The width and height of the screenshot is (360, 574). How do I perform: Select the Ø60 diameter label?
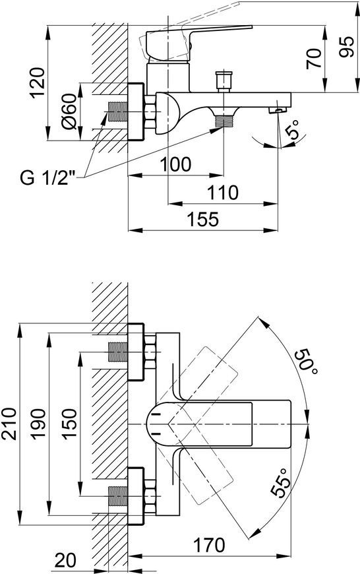click(x=69, y=112)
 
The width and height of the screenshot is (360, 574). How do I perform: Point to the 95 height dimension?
click(x=346, y=47)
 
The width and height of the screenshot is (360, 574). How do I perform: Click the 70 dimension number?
click(x=314, y=59)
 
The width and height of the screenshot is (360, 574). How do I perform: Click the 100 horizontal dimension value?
click(x=175, y=164)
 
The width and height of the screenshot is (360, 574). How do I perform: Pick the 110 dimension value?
click(x=222, y=192)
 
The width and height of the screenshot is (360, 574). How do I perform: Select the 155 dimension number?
click(x=202, y=219)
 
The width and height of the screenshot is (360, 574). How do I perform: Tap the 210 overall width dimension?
click(x=9, y=424)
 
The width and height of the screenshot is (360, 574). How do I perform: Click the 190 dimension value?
click(x=38, y=424)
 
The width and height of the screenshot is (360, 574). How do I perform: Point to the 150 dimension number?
click(x=69, y=424)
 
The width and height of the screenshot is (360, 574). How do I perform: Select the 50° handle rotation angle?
click(x=306, y=362)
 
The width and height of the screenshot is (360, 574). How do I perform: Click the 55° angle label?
click(x=281, y=482)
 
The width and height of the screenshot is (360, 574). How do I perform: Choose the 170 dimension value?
click(x=209, y=545)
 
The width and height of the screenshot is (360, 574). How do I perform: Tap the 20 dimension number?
click(x=65, y=560)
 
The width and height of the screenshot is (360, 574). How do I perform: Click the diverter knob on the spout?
click(x=224, y=81)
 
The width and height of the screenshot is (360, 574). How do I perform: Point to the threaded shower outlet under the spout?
click(x=224, y=121)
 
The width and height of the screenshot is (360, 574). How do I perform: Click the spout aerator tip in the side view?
click(x=278, y=110)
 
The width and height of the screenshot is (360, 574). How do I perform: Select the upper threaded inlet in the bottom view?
click(x=118, y=352)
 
